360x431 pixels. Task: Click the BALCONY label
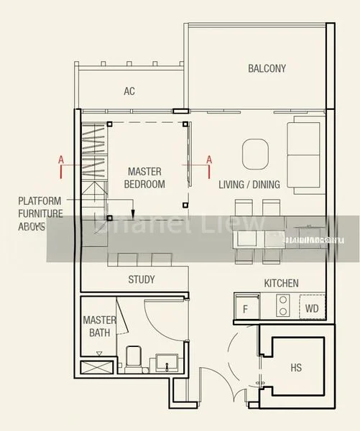click(267, 69)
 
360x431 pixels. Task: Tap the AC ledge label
click(129, 91)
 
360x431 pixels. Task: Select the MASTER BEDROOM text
click(144, 178)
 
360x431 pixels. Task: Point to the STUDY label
click(142, 279)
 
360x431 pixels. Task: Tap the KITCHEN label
click(281, 283)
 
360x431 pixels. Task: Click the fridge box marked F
click(245, 310)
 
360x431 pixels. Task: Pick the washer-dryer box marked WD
click(311, 310)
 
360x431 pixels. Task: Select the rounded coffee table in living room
click(256, 152)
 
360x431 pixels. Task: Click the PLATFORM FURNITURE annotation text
click(40, 213)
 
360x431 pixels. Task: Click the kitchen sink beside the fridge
click(264, 310)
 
